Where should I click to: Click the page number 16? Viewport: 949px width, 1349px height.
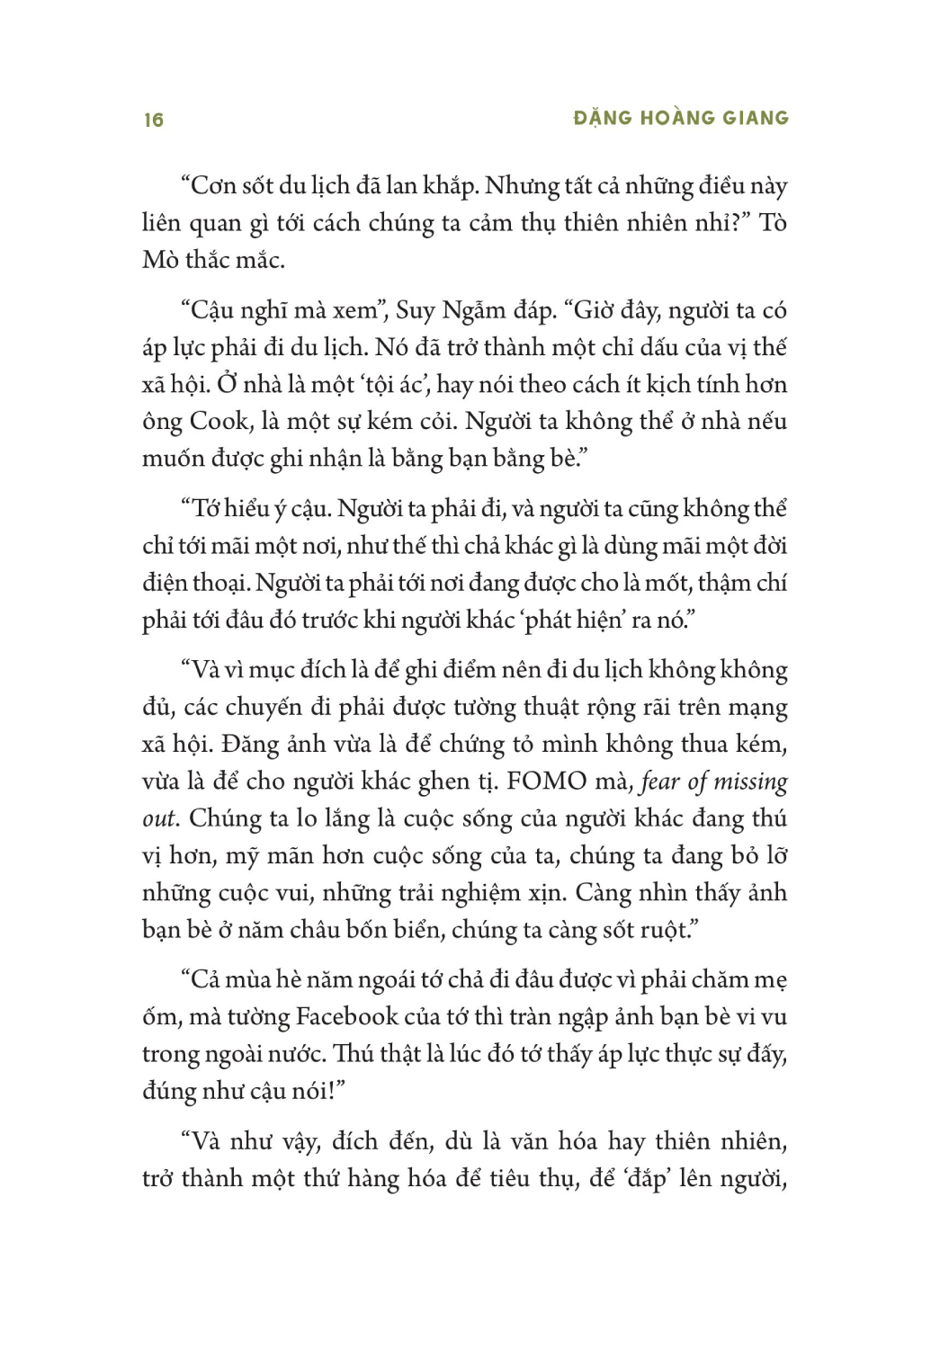pyautogui.click(x=154, y=120)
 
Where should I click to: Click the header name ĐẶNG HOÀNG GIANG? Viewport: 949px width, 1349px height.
pyautogui.click(x=681, y=118)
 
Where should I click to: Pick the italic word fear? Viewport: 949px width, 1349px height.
pyautogui.click(x=660, y=781)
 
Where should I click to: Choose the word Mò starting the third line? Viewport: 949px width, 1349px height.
pyautogui.click(x=160, y=260)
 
